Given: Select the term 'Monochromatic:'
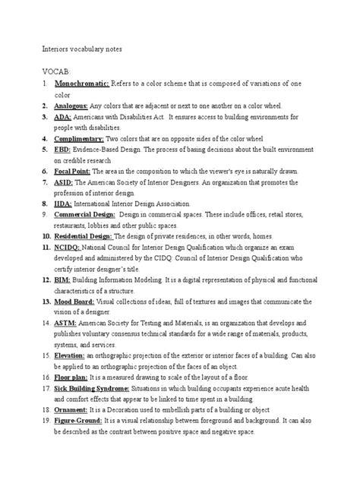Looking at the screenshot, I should [83, 83].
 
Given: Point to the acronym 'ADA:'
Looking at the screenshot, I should [63, 117].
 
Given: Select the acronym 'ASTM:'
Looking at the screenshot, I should [66, 322].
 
